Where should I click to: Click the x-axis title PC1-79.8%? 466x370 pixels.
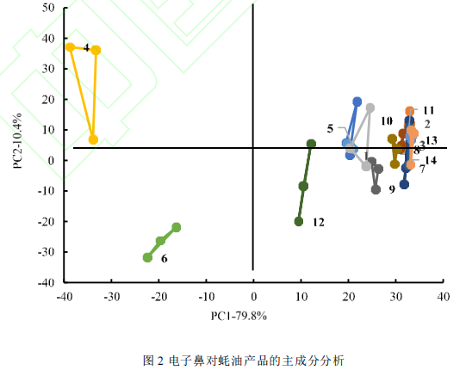(x=239, y=315)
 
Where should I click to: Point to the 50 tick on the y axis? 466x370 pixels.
(x=49, y=9)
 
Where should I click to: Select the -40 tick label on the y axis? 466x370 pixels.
(x=47, y=282)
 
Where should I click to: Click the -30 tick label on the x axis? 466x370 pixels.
(x=110, y=297)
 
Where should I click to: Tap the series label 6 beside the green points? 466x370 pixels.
(x=164, y=258)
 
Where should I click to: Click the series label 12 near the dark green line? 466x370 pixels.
(x=318, y=222)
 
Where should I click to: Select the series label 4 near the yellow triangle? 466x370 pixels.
(x=87, y=48)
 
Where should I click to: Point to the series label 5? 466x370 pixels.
(x=330, y=128)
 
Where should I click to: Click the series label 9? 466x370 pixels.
(x=392, y=188)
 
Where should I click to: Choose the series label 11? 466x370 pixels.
(x=428, y=110)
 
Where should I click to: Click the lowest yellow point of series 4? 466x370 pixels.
(x=93, y=139)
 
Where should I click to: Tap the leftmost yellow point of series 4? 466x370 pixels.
(x=71, y=46)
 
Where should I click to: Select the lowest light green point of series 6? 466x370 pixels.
(x=147, y=257)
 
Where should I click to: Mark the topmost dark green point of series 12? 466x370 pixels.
(x=311, y=144)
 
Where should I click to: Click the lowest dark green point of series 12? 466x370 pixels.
(x=299, y=221)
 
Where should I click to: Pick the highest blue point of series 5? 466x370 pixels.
(x=357, y=102)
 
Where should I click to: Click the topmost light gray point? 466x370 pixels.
(x=370, y=108)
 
